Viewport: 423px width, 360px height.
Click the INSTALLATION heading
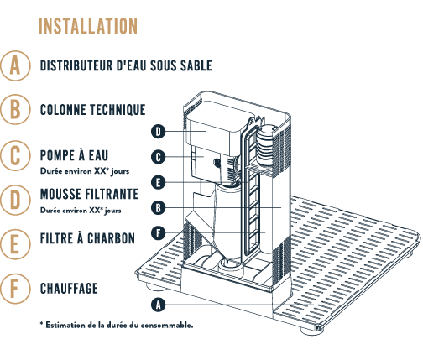(88, 26)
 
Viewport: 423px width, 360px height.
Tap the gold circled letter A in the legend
(15, 65)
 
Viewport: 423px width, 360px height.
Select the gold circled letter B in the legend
(15, 109)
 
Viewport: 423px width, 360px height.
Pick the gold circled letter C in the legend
(15, 155)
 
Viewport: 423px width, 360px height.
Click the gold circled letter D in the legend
(15, 200)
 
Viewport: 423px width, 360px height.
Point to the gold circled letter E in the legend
(15, 244)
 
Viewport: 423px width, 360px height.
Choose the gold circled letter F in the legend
(15, 289)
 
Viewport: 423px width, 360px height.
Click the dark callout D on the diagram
(159, 132)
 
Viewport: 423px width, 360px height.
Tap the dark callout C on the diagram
(159, 157)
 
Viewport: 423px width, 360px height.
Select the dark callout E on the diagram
(159, 183)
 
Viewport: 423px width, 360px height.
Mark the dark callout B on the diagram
(159, 208)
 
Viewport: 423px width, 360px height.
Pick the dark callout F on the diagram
(159, 233)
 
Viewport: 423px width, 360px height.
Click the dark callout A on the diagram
(159, 305)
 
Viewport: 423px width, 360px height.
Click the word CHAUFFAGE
(69, 289)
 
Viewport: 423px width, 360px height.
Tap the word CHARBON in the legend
(111, 238)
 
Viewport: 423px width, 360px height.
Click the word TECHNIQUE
(117, 109)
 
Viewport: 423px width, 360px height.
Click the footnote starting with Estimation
(117, 326)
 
